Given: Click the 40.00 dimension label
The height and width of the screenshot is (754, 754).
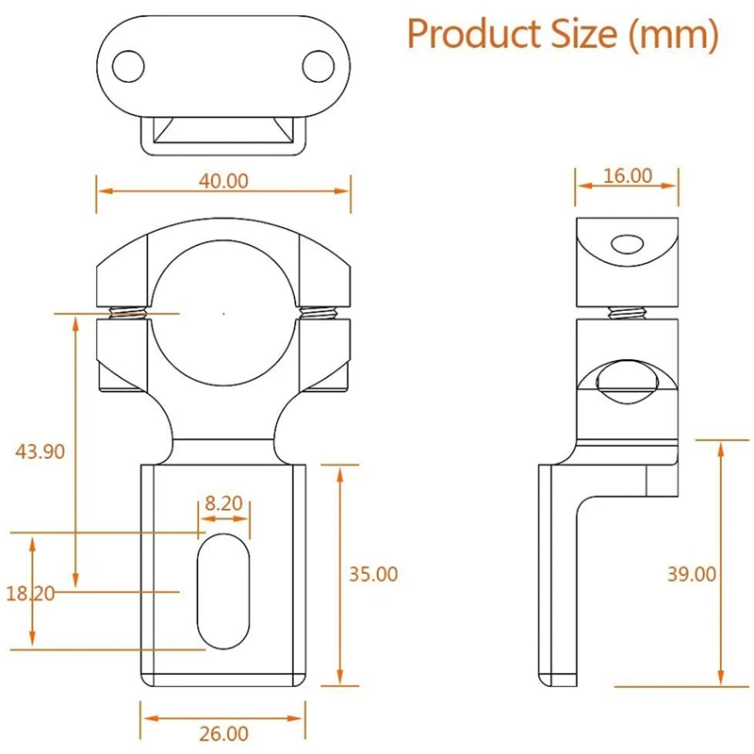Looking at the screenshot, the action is (223, 181).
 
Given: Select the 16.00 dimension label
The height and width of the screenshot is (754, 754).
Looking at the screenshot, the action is (628, 175).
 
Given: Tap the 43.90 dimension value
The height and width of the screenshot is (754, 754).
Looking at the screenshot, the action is (40, 451).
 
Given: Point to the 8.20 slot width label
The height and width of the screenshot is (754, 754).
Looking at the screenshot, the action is (223, 503).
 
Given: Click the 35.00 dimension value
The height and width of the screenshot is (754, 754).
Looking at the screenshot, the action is (373, 574).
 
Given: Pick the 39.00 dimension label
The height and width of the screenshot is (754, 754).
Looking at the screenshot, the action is (692, 574).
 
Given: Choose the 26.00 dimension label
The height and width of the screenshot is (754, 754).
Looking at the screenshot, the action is (223, 734).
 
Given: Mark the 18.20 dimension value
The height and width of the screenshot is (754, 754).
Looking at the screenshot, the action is (30, 594).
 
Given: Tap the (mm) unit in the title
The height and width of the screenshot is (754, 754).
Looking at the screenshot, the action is (674, 35).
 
